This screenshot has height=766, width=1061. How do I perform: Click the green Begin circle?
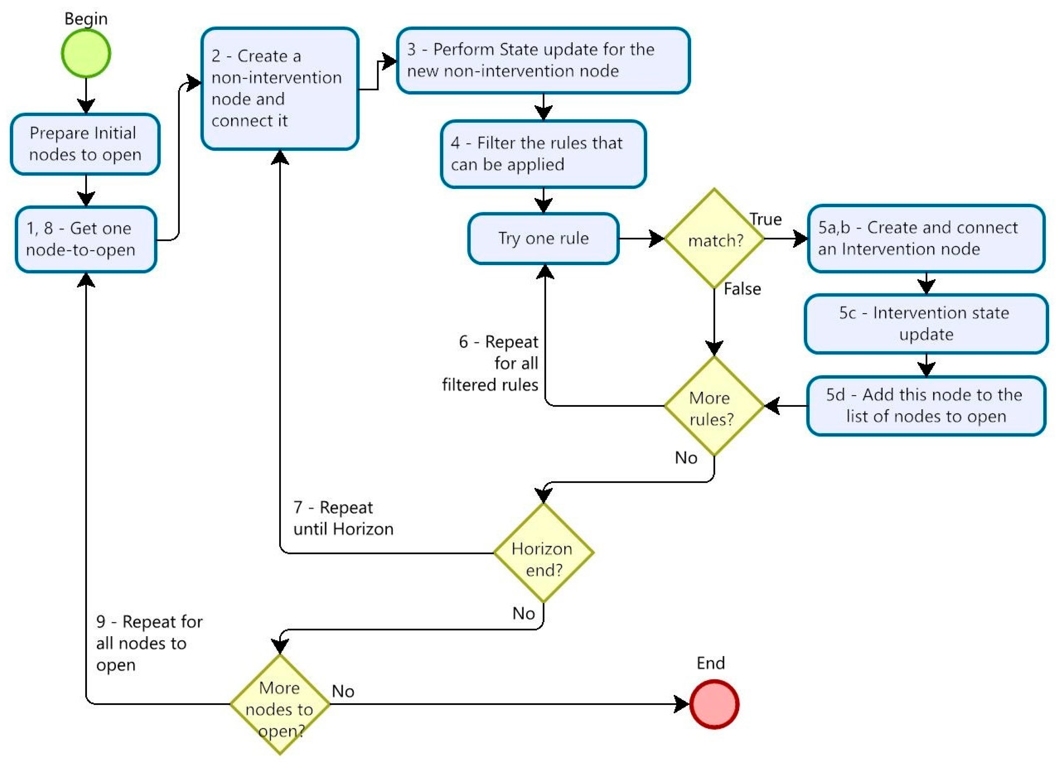(x=86, y=53)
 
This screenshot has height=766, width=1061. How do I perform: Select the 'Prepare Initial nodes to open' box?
(x=85, y=144)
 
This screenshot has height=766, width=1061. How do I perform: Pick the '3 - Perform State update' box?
(x=543, y=60)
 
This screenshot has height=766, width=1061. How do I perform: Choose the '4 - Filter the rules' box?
(x=543, y=154)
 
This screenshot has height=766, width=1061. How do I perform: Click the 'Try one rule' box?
(x=543, y=239)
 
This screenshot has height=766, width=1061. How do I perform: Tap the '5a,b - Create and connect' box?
(x=926, y=239)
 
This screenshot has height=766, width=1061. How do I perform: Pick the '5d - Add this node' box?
(x=926, y=405)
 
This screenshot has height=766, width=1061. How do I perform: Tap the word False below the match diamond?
(x=742, y=289)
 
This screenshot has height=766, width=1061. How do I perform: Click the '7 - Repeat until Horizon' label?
(x=343, y=518)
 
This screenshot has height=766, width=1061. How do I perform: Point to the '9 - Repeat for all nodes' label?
(x=149, y=643)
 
